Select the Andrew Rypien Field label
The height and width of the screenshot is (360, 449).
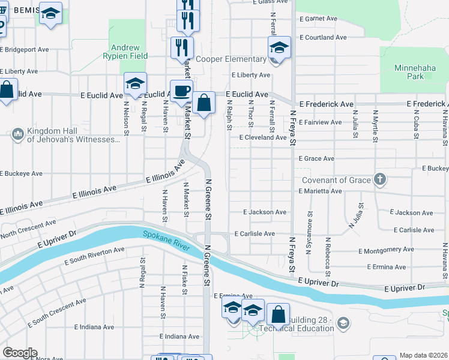125,52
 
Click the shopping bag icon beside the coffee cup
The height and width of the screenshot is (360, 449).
203,103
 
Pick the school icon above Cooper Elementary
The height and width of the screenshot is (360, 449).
279,47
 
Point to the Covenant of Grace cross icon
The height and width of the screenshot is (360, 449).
379,179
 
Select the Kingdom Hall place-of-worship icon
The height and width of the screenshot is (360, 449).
17,133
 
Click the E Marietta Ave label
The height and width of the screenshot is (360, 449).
321,191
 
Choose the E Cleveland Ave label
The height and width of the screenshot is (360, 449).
263,137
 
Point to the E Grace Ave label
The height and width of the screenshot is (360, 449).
316,159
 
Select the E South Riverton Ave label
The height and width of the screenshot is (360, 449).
94,256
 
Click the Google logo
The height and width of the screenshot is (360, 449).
19,353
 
